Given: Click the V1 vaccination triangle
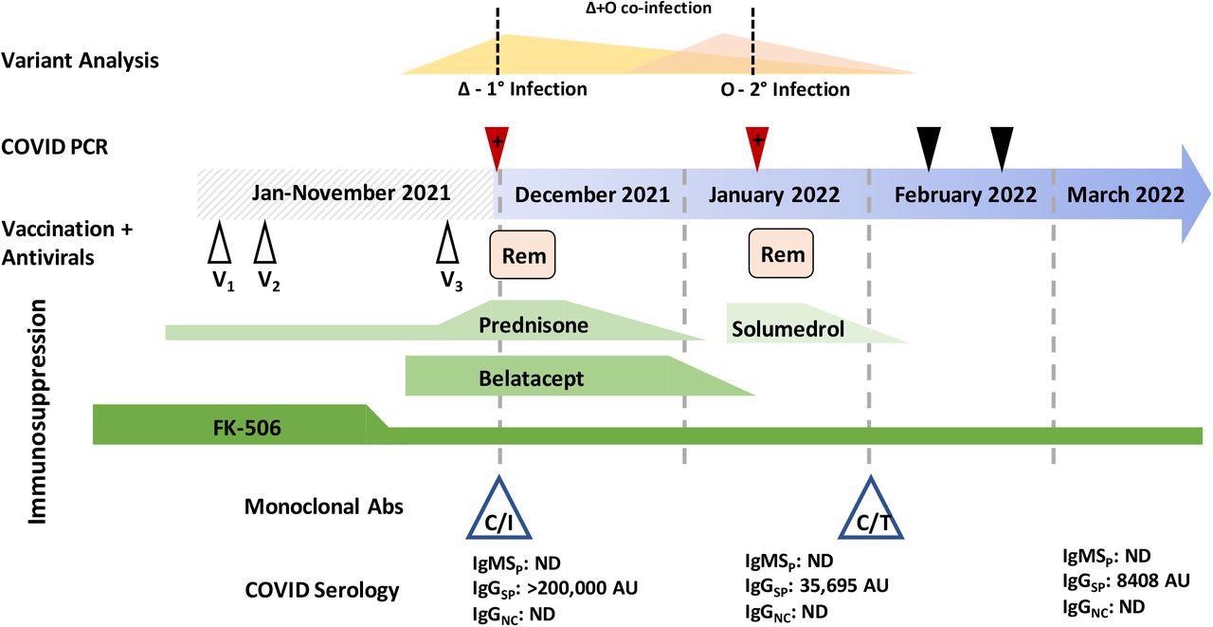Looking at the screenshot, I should click(220, 246).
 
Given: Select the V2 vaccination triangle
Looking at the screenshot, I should click(266, 246).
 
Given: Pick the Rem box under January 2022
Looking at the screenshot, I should click(782, 254).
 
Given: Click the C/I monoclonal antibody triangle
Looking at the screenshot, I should click(499, 509).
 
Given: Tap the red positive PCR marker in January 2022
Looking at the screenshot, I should click(757, 145).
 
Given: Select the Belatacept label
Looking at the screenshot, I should click(531, 378).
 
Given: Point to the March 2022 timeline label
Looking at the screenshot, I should click(1125, 194).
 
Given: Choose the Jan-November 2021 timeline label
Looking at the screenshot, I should click(351, 194).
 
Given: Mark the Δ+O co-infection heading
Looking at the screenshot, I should click(648, 9).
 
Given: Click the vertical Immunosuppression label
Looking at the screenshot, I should click(38, 412).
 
